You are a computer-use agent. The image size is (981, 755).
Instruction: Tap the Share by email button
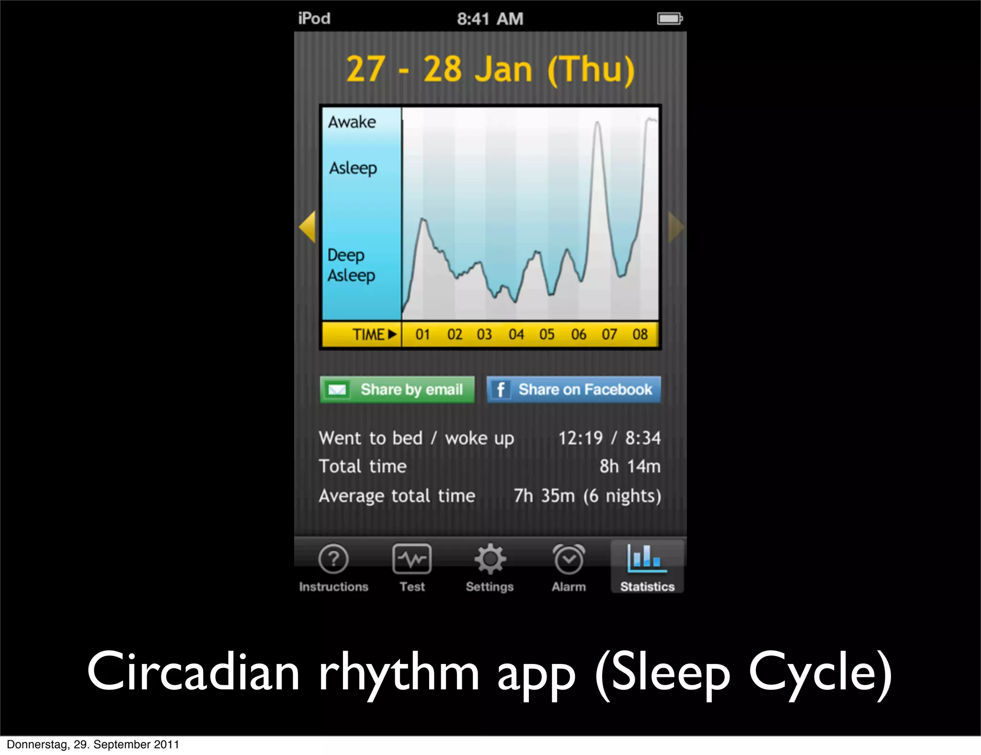point(397,389)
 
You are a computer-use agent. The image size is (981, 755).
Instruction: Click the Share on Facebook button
point(573,389)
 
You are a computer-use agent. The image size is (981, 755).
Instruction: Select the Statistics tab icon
point(647,559)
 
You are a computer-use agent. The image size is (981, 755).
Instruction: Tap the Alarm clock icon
point(569,559)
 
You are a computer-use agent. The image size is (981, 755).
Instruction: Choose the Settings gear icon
point(490,559)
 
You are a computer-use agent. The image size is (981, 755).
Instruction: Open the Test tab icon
point(412,559)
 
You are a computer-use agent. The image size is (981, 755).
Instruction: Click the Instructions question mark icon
point(333,559)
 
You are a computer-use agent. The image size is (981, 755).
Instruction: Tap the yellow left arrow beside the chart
point(308,227)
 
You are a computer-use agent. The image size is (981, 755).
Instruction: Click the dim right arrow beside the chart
point(675,227)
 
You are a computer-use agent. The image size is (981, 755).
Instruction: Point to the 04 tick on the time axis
point(516,334)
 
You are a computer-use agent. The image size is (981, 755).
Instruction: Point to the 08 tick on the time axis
point(640,334)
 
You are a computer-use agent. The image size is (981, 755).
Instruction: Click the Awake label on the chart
point(352,122)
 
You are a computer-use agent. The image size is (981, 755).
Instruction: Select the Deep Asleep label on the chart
point(351,265)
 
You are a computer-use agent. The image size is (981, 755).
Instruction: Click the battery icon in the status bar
point(670,19)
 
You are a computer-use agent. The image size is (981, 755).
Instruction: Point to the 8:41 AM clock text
point(490,19)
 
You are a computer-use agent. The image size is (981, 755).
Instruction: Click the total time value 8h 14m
point(629,466)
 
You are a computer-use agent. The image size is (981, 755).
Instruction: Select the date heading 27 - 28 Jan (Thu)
point(490,69)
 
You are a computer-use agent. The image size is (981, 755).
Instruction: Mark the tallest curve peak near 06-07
point(597,123)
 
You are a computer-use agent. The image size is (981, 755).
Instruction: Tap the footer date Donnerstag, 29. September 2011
point(93,744)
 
